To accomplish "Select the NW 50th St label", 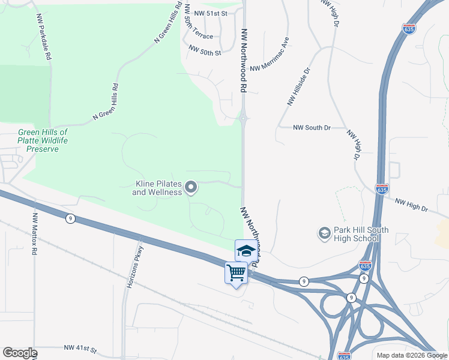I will pos(205,52).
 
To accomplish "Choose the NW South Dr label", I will pos(312,128).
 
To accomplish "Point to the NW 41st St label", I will pos(80,348).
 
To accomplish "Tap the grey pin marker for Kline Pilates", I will pos(191,188).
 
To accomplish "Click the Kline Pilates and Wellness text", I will pos(157,188).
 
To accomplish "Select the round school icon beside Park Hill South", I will pos(324,233).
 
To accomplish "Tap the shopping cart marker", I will pos(237,273).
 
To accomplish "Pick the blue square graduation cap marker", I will pos(245,250).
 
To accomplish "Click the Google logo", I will pos(20,353).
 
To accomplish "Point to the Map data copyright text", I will pos(412,355).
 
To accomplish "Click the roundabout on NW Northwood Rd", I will pos(244,118).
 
